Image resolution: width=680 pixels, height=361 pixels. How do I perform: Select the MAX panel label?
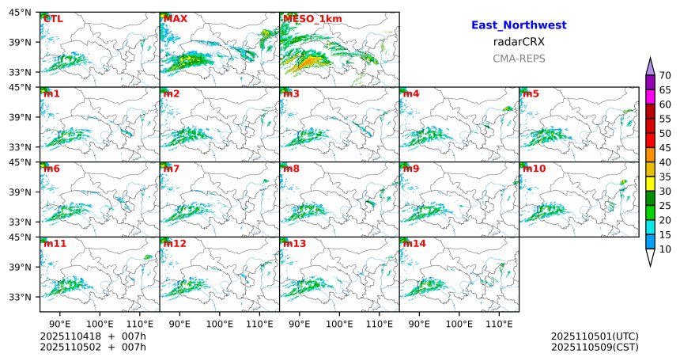[175, 19]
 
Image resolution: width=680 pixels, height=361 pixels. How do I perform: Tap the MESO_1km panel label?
[308, 19]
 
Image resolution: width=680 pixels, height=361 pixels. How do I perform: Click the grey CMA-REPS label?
[519, 59]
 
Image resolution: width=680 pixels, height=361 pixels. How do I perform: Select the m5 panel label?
[531, 94]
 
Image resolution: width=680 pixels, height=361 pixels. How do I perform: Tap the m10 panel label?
[533, 169]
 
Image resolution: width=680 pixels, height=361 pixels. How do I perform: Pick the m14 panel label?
[414, 244]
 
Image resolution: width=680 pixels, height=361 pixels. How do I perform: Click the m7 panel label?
[172, 169]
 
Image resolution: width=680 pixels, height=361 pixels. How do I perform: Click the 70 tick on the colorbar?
[665, 75]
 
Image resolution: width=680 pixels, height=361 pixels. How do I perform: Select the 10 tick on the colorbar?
[665, 249]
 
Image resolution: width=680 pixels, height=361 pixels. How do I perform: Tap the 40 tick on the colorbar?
[665, 162]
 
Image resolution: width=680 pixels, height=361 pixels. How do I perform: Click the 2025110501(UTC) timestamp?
[595, 336]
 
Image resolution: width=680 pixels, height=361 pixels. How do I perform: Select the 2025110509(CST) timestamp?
[595, 347]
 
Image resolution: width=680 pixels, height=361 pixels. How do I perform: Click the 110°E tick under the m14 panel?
[499, 324]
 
